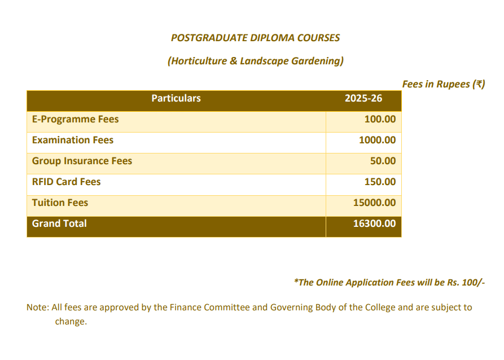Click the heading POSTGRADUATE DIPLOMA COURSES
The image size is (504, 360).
coord(255,38)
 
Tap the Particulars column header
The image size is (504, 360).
coord(176,98)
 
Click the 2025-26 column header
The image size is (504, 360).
coord(363,98)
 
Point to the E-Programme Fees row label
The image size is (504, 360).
coord(75,120)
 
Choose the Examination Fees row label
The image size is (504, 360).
coord(73,140)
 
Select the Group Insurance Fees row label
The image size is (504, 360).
coord(82,161)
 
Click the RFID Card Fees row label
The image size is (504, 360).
coord(66,182)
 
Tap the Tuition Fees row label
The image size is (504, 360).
coord(60,203)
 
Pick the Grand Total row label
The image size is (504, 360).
coord(59,223)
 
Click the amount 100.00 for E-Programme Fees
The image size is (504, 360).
coord(380,120)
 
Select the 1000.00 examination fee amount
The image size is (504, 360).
coord(377,140)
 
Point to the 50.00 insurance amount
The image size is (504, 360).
coord(383,161)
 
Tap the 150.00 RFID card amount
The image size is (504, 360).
coord(380,182)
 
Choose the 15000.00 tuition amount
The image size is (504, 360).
coord(374,203)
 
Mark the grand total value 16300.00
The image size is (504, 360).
coord(374,223)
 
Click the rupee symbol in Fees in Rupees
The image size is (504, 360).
coord(479,84)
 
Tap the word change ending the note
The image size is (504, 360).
coord(71,322)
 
